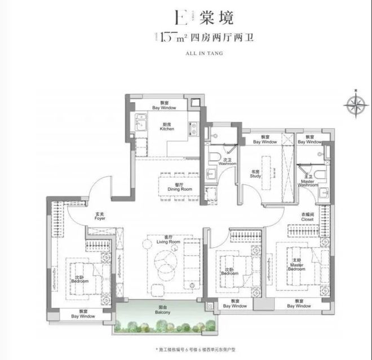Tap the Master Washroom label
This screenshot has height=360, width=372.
pos(308,182)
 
